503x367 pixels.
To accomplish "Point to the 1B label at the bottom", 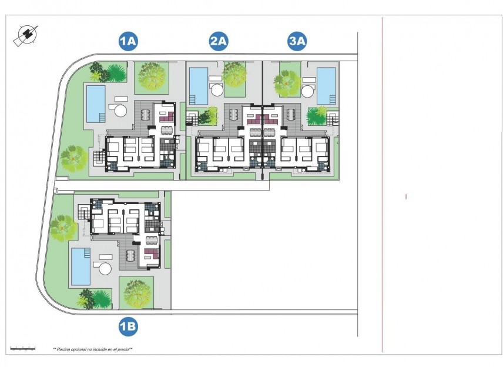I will [128, 326].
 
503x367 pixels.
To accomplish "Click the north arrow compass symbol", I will [25, 36].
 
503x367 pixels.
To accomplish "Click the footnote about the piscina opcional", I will [92, 349].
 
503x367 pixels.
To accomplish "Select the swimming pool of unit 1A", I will [96, 104].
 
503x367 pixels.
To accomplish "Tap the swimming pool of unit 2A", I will [199, 84].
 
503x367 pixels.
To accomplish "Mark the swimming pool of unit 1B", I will [79, 266].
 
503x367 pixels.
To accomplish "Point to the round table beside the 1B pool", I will [105, 268].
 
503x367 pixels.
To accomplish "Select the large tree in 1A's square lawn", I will [151, 76].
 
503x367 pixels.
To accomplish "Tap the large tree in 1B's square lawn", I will [136, 292].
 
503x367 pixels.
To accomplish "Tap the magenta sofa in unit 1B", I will [150, 254].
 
